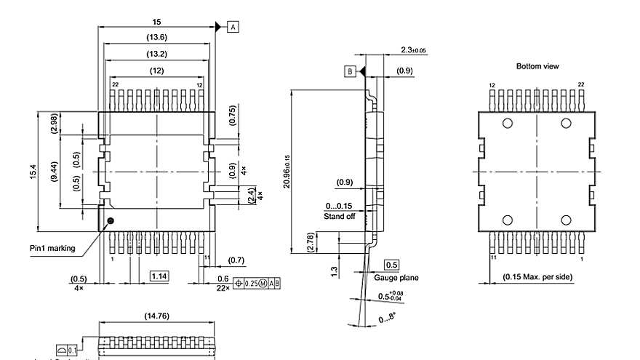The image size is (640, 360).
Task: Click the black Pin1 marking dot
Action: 111,220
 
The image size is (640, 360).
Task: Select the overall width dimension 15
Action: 156,23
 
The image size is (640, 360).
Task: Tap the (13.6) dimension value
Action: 156,38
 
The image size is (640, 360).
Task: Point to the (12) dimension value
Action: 156,71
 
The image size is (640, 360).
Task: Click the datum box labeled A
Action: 233,27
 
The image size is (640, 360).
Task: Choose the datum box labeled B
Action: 350,71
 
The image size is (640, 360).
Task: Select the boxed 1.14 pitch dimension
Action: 159,276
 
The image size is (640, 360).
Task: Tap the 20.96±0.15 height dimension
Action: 287,172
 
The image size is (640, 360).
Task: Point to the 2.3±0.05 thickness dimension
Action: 413,50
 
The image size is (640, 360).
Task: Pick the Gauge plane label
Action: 396,278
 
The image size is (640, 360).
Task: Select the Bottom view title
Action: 537,66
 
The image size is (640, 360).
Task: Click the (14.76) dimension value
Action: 156,316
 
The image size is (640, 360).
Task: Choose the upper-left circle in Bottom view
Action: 508,124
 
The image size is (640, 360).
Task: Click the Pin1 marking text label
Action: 52,248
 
